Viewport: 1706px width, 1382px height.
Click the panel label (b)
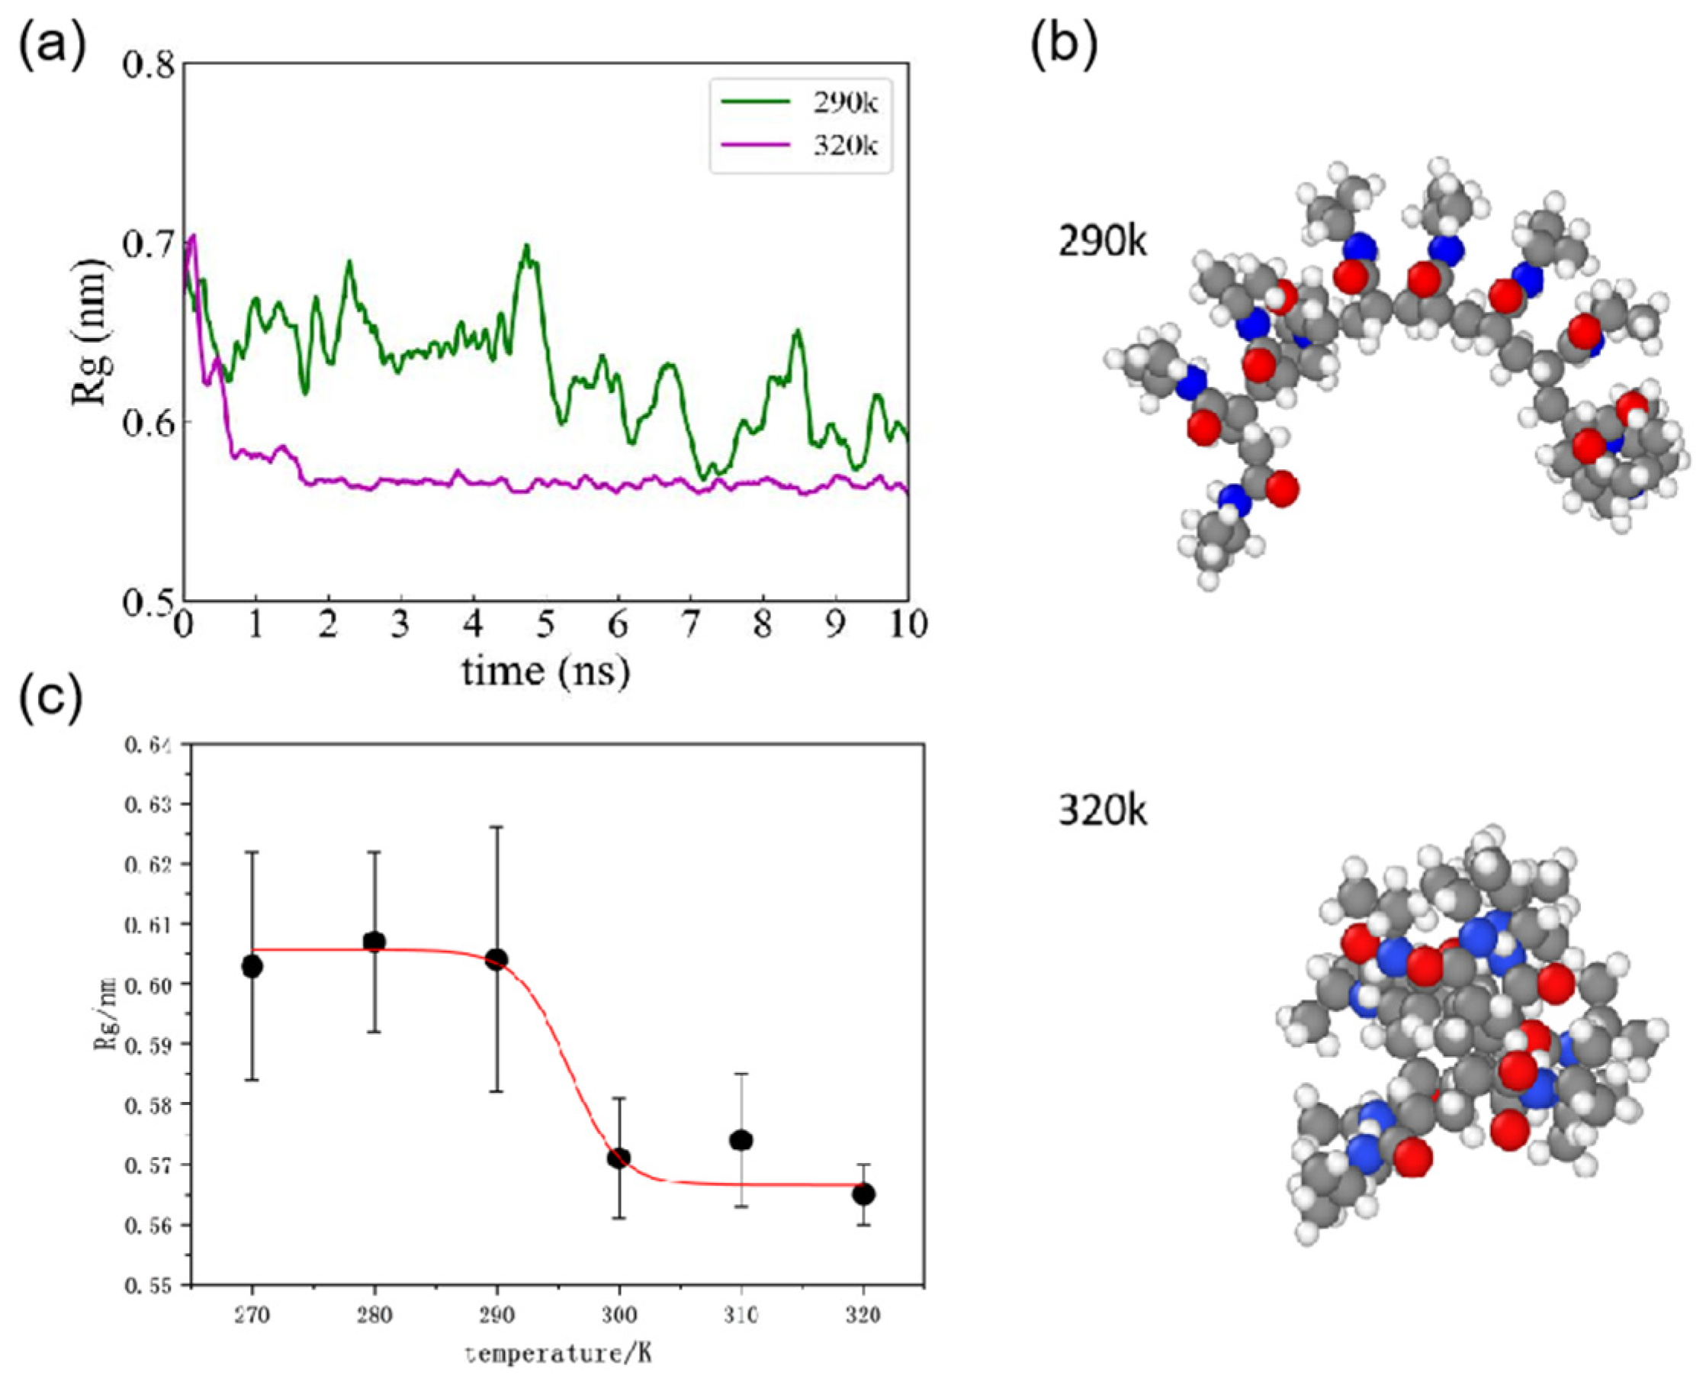[x=1064, y=43]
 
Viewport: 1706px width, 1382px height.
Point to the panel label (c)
[x=50, y=701]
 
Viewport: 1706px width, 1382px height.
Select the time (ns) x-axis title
[x=546, y=670]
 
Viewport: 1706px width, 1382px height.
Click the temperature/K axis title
[x=558, y=1352]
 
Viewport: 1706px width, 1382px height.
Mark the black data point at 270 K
[x=252, y=966]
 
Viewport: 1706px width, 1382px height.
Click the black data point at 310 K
[x=741, y=1140]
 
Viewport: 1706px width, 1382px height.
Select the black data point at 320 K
[x=863, y=1194]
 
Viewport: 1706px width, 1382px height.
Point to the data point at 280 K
[x=374, y=942]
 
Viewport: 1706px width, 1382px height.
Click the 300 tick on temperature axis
[x=618, y=1315]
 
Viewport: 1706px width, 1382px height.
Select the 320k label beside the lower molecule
[x=1102, y=813]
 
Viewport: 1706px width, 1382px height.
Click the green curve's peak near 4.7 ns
[x=526, y=245]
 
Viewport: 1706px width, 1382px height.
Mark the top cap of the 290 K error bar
[x=496, y=827]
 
